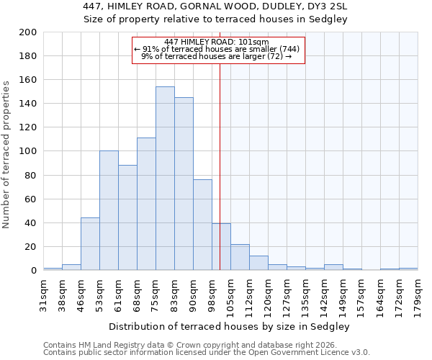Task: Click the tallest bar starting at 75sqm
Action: pyautogui.click(x=165, y=179)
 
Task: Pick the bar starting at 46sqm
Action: pyautogui.click(x=90, y=244)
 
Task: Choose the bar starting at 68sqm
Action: pyautogui.click(x=146, y=204)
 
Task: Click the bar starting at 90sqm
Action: pyautogui.click(x=202, y=225)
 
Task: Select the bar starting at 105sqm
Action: pyautogui.click(x=240, y=257)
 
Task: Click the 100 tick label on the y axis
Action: pyautogui.click(x=28, y=151)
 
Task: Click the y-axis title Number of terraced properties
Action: pyautogui.click(x=6, y=154)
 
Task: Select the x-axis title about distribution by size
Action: pyautogui.click(x=230, y=326)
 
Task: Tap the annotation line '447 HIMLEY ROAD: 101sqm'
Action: pyautogui.click(x=216, y=42)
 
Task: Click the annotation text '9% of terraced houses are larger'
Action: pyautogui.click(x=216, y=56)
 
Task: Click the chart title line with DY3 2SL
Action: pyautogui.click(x=215, y=6)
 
